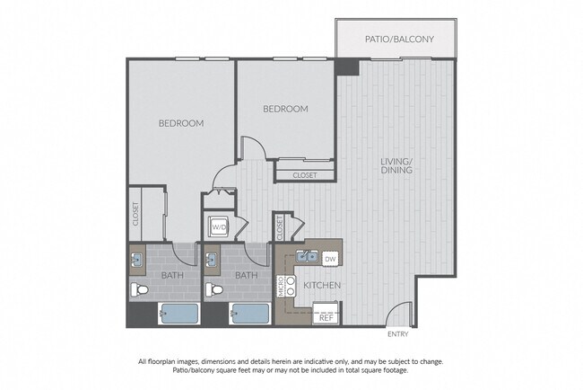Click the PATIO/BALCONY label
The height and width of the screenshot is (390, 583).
pyautogui.click(x=398, y=40)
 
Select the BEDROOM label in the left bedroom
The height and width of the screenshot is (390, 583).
pyautogui.click(x=181, y=123)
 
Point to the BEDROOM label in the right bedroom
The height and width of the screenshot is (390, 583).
pyautogui.click(x=285, y=109)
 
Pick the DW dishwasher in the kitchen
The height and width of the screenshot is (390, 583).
pyautogui.click(x=329, y=259)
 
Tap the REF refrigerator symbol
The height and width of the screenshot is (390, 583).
pyautogui.click(x=326, y=316)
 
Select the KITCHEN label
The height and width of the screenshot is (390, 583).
pyautogui.click(x=320, y=286)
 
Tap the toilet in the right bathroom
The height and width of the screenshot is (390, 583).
pyautogui.click(x=214, y=290)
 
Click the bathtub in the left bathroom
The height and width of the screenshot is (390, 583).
pyautogui.click(x=178, y=315)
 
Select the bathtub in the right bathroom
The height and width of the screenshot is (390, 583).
pyautogui.click(x=251, y=315)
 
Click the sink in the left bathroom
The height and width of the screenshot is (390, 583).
pyautogui.click(x=138, y=261)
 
